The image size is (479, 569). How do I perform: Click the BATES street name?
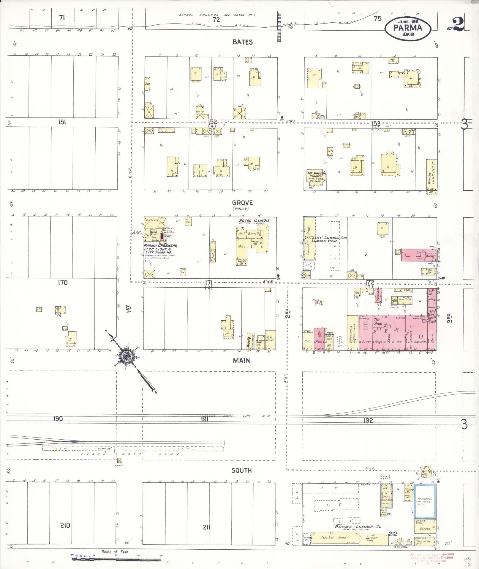click(242, 42)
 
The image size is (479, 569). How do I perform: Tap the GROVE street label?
click(242, 203)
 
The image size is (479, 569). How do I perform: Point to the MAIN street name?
click(241, 361)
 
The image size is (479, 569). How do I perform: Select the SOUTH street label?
click(241, 470)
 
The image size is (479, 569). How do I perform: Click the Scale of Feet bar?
click(116, 559)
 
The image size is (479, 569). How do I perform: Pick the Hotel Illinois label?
click(254, 220)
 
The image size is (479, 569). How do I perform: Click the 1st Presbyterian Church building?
click(316, 177)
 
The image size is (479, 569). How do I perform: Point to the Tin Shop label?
click(378, 321)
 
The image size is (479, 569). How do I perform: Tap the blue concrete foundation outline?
click(425, 501)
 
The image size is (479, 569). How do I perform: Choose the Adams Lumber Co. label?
click(358, 527)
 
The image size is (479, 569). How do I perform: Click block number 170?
click(62, 283)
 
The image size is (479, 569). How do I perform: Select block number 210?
click(65, 525)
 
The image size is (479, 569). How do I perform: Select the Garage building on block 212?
click(425, 529)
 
